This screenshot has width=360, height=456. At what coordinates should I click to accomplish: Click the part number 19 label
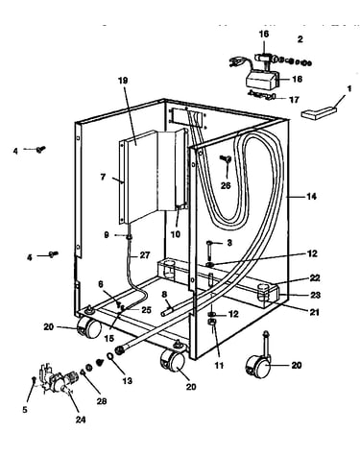click(123, 81)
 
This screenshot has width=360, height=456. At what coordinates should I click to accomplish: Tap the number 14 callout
click(311, 196)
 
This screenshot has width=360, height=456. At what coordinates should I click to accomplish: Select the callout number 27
click(144, 255)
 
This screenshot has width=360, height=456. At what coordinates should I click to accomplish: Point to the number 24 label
click(81, 420)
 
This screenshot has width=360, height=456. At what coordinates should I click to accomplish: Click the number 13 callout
click(127, 381)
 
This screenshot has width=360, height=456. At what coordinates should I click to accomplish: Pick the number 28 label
click(102, 401)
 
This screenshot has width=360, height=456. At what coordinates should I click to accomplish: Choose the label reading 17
click(294, 100)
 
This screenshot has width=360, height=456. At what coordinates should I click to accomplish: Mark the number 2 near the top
click(300, 39)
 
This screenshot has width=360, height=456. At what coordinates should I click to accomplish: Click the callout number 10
click(176, 234)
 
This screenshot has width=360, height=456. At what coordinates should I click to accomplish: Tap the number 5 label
click(25, 409)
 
